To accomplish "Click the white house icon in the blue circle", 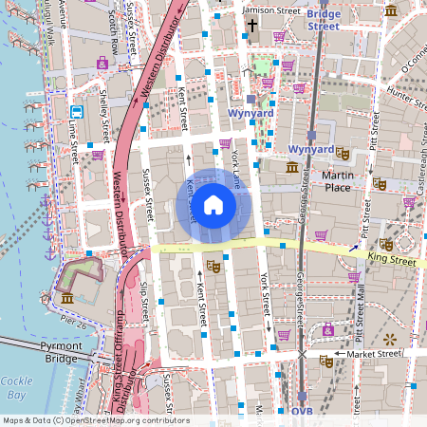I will (x=213, y=205).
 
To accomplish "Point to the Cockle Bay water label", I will (x=13, y=387).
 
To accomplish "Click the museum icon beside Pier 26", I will (x=68, y=299).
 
